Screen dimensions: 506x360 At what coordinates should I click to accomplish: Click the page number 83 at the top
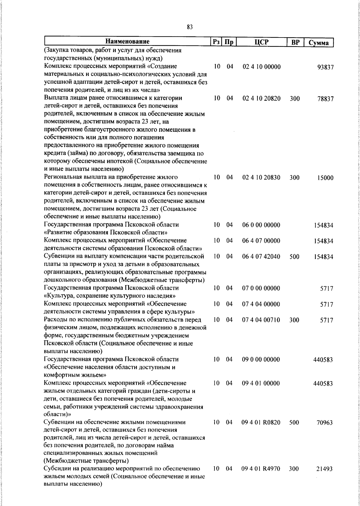tap(189, 27)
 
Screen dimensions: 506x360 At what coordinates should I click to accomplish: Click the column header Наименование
tap(127, 41)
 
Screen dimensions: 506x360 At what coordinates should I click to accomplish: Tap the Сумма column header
tap(319, 43)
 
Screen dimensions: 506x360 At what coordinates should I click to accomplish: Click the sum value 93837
tap(325, 67)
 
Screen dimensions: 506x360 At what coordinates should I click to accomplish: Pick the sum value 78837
tap(325, 99)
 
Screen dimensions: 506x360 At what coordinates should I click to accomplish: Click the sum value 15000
tap(325, 178)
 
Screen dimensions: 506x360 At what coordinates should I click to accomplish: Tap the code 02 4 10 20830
tap(261, 177)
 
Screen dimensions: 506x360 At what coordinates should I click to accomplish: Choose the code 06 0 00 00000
tap(261, 225)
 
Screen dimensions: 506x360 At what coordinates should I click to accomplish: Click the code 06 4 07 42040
tap(261, 257)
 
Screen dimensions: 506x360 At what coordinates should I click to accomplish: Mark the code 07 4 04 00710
tap(261, 320)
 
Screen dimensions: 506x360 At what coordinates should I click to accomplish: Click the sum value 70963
tap(325, 423)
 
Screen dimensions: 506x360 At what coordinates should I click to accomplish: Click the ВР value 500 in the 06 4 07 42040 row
tap(295, 257)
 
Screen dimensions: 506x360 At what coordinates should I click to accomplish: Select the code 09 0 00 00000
tap(261, 359)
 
